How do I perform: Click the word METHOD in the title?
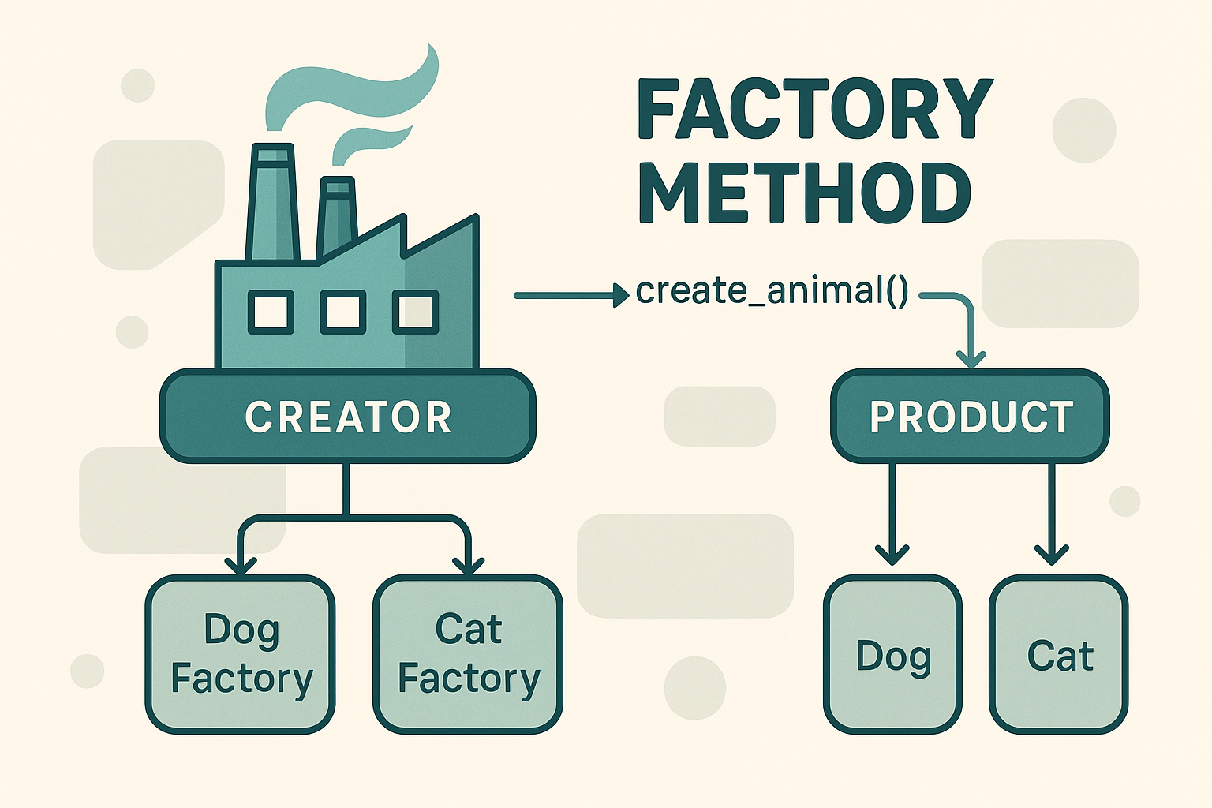(805, 193)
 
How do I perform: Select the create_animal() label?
(772, 291)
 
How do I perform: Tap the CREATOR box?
(347, 417)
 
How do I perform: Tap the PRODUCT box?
(970, 417)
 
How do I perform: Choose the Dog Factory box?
(241, 654)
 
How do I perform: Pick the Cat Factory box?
(468, 654)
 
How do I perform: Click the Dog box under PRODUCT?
(892, 654)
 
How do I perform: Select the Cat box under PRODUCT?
(1059, 654)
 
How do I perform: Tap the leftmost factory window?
(271, 312)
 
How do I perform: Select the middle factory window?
(342, 312)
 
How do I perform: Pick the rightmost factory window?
(415, 312)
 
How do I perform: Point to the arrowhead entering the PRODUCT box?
(971, 359)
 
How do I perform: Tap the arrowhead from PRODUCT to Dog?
(892, 554)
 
